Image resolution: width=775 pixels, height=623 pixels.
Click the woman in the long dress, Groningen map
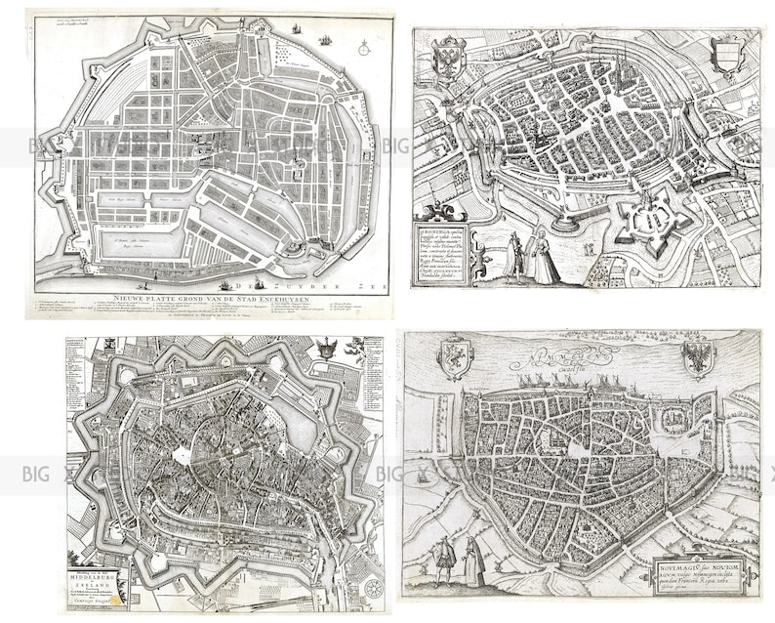(543, 256)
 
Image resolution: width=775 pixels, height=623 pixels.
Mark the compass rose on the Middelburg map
(372, 589)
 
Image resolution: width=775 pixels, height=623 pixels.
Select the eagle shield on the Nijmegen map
(699, 357)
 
